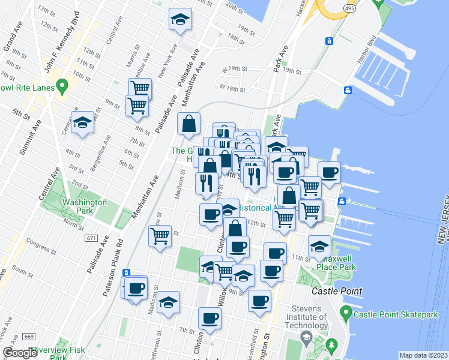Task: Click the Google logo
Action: (20, 353)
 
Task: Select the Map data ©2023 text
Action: (424, 355)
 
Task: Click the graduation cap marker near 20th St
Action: (180, 19)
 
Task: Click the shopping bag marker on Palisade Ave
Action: (189, 124)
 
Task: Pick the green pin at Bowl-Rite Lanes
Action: (61, 88)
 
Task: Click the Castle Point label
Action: (336, 291)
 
